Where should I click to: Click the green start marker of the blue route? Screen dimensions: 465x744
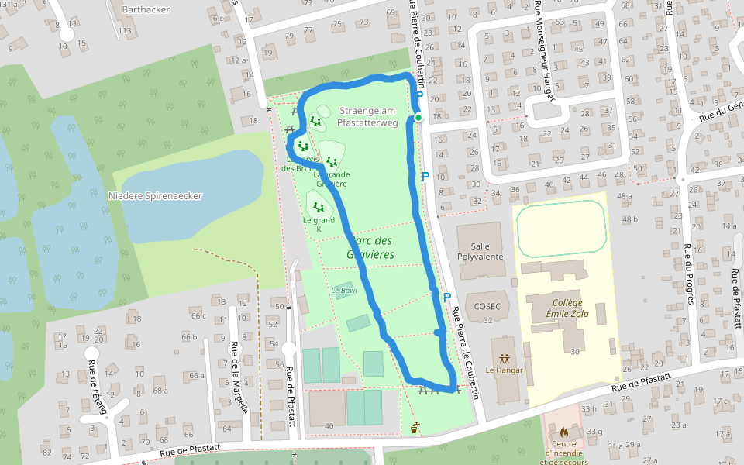[418, 118]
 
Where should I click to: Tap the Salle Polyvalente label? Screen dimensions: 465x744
[480, 250]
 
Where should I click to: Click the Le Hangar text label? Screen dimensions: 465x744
[504, 370]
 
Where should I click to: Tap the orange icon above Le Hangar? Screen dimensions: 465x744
[505, 359]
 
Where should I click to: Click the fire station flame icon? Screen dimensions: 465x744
[563, 431]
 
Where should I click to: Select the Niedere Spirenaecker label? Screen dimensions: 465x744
[155, 196]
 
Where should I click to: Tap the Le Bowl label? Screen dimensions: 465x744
[343, 291]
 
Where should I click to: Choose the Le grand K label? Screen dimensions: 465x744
[318, 225]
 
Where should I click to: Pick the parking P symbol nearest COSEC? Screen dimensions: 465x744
[447, 297]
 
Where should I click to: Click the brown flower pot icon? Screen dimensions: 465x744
[415, 428]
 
